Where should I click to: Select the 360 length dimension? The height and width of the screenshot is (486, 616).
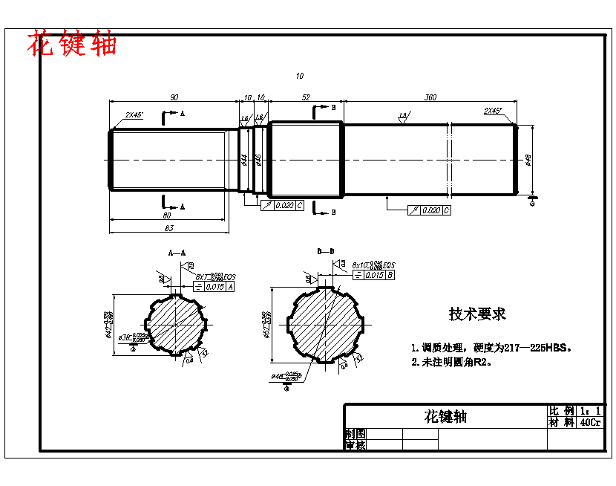click(430, 97)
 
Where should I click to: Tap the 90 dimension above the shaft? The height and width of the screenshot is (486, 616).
click(174, 97)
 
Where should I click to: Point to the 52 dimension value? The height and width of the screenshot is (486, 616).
click(306, 97)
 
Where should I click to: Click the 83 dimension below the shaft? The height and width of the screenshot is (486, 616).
click(169, 227)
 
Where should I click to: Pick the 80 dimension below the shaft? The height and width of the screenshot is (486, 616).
click(167, 215)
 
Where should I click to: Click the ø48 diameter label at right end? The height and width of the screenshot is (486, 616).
click(528, 159)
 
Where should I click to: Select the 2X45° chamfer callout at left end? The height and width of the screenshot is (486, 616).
click(134, 115)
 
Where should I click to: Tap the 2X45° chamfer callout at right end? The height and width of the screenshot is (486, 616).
click(493, 111)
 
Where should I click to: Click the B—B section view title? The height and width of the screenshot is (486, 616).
click(326, 253)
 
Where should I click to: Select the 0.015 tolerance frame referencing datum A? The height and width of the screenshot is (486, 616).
click(214, 286)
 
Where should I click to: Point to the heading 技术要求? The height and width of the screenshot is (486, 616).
click(477, 314)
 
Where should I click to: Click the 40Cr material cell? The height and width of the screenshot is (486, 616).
click(591, 422)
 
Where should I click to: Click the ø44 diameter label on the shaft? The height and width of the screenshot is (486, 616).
click(244, 159)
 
